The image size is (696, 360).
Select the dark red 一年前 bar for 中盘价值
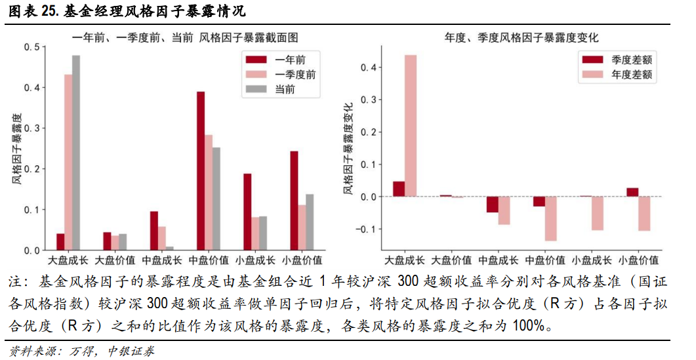point(201,171)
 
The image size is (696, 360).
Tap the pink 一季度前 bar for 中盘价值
point(209,193)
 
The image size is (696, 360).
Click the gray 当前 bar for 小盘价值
point(310,222)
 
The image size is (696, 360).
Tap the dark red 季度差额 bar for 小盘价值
point(632,192)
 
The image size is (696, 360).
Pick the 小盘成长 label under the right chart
point(592,261)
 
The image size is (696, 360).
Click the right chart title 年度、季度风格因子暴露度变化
point(522,37)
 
